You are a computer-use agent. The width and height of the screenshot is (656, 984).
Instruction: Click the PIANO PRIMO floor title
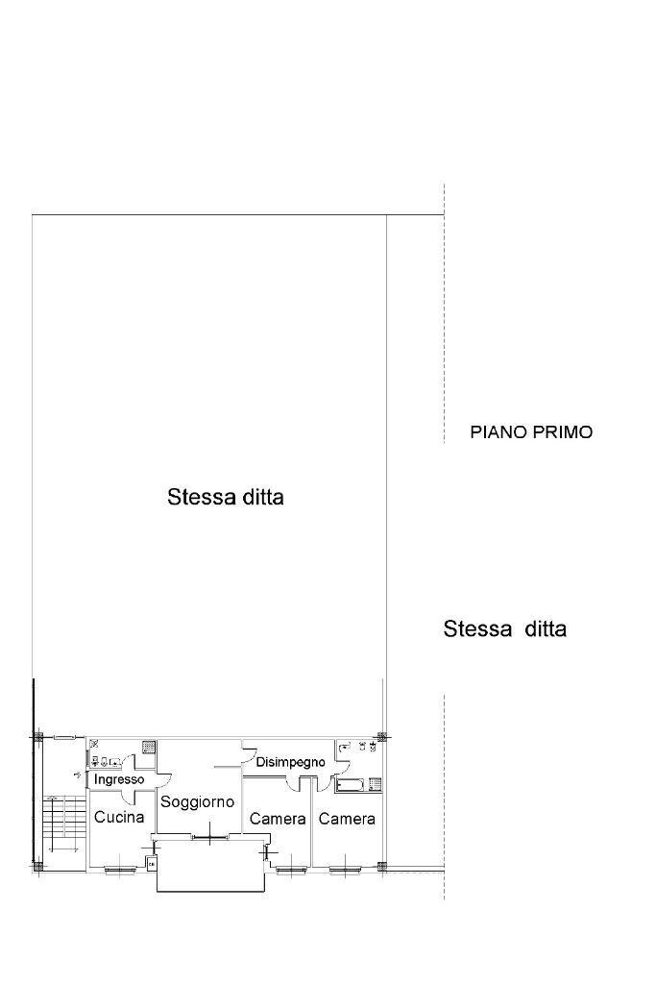point(531,432)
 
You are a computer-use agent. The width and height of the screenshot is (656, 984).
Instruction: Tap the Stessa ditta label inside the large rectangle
point(226,498)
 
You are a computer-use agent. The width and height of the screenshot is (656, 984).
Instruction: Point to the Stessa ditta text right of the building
point(504,629)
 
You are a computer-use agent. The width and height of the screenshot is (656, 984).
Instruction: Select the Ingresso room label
point(119,779)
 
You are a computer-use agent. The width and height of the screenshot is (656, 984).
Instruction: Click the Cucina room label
point(119,818)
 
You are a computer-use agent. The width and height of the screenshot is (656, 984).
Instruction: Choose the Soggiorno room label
point(198,801)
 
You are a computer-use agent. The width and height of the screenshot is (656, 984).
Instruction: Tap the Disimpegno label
point(290,762)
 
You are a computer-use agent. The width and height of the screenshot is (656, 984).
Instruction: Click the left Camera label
point(278,820)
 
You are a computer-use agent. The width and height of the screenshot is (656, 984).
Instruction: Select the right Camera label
point(347,820)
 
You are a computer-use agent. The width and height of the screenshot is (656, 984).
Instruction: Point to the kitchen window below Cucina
point(119,870)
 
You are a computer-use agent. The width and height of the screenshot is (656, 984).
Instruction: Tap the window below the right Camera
point(346,870)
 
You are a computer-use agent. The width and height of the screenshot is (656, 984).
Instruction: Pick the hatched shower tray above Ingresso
point(149,745)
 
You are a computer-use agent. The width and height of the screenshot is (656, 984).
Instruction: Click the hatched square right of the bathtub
point(376,784)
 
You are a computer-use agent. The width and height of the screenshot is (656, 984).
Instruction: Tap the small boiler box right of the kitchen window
point(151,864)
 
